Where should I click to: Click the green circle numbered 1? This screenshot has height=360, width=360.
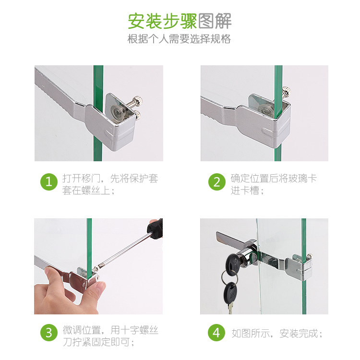pyautogui.click(x=49, y=182)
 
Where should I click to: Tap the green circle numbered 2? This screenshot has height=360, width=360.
pyautogui.click(x=217, y=182)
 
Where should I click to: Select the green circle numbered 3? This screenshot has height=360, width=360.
pyautogui.click(x=49, y=333)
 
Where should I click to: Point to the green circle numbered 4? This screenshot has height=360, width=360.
pyautogui.click(x=216, y=333)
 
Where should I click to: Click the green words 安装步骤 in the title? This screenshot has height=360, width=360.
pyautogui.click(x=162, y=21)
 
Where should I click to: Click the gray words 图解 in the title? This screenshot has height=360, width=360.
pyautogui.click(x=215, y=21)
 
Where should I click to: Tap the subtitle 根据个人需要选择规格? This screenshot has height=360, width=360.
pyautogui.click(x=180, y=39)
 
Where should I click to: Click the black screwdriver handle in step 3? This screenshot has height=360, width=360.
pyautogui.click(x=155, y=228)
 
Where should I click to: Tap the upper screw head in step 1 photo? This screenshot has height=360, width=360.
pyautogui.click(x=139, y=101)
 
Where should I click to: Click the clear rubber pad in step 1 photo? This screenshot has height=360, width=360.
pyautogui.click(x=118, y=112)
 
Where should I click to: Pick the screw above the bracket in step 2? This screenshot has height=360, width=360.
pyautogui.click(x=287, y=91)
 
